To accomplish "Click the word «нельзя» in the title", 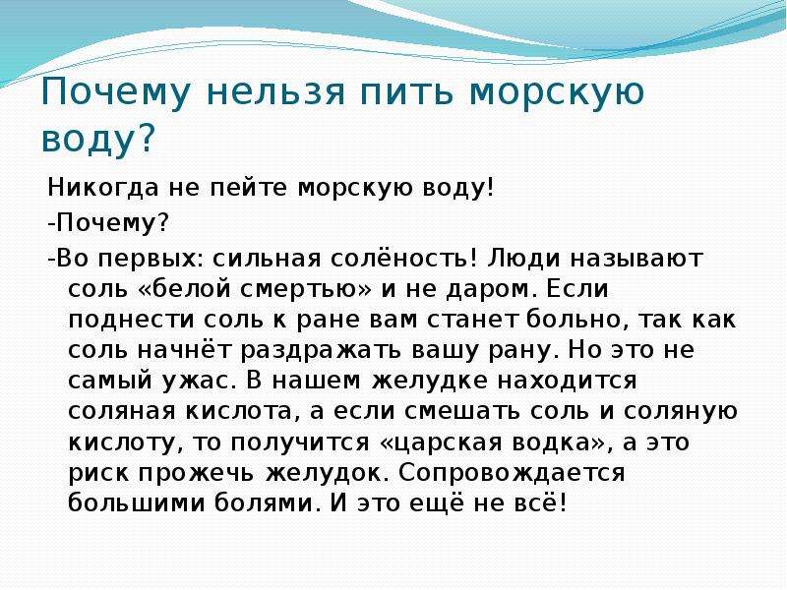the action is coord(275,91).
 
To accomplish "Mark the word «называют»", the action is coord(636,259).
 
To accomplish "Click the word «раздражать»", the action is coord(321,350).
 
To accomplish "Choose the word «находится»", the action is coord(568,382).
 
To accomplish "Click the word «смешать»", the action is coord(461,411).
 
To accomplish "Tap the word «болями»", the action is coord(267,503).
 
